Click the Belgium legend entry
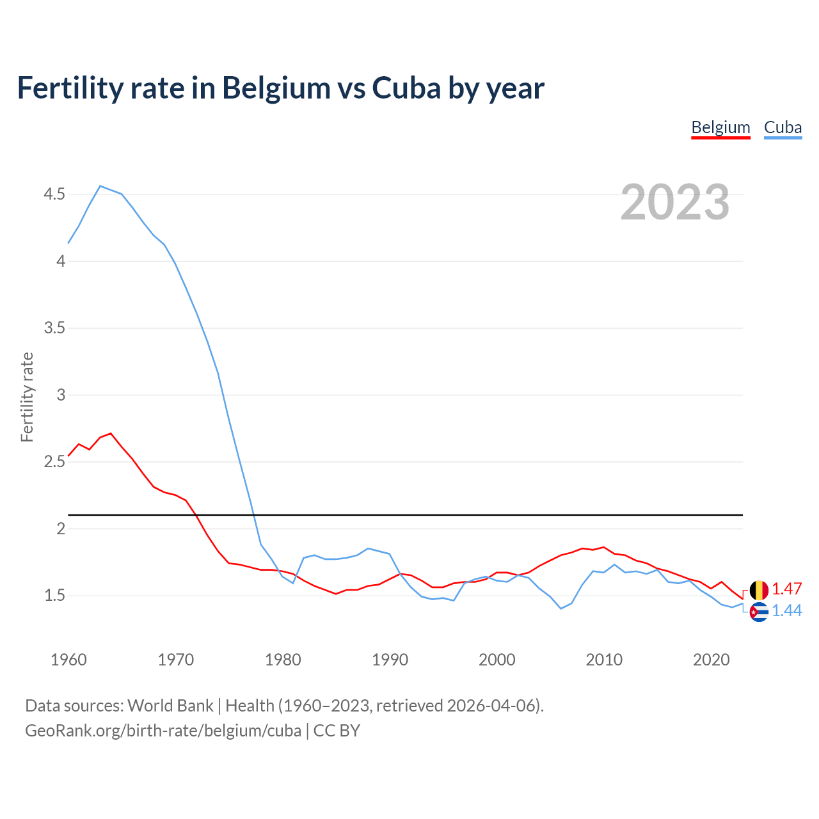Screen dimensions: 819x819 tap(720, 127)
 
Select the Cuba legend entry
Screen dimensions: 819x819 tap(783, 127)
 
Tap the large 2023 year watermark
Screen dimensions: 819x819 tap(674, 202)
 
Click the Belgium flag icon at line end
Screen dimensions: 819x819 tap(759, 590)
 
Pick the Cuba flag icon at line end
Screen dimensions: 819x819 tap(759, 612)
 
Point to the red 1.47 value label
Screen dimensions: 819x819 tap(786, 589)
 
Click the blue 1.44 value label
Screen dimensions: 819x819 tap(786, 611)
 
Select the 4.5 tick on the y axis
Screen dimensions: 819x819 tap(54, 194)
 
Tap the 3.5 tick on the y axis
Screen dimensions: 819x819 tap(54, 328)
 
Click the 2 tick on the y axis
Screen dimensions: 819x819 tap(61, 529)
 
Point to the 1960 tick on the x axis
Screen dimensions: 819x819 tap(68, 660)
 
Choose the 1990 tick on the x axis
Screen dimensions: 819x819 tap(390, 660)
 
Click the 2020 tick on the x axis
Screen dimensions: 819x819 tap(711, 660)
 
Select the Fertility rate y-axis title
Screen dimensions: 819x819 tap(27, 397)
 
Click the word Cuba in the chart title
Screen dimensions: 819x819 tap(406, 88)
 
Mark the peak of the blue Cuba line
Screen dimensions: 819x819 tap(100, 186)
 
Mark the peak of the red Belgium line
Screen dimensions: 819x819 tap(111, 434)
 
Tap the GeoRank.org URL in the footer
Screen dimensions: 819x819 tap(163, 730)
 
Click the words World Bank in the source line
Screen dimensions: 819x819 tap(170, 706)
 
